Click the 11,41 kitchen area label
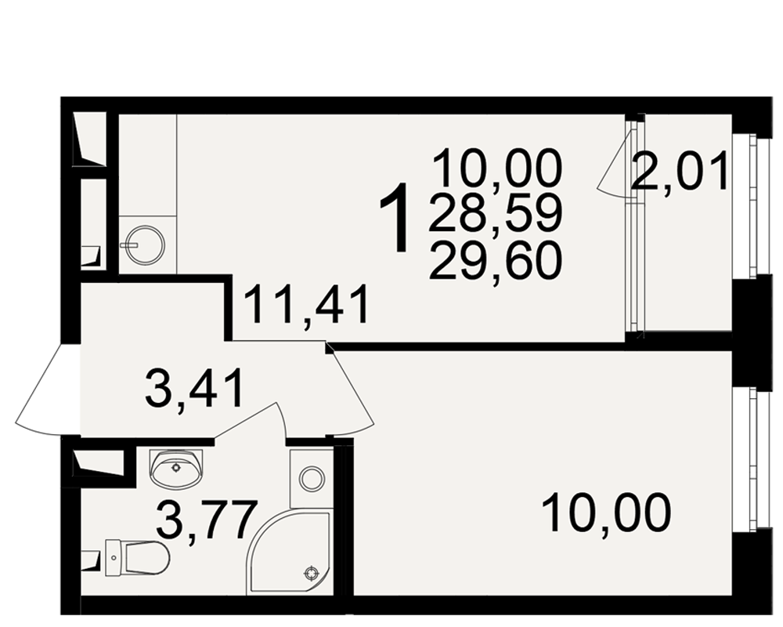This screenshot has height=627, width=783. tap(307, 305)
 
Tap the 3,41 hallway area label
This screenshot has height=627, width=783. tap(194, 388)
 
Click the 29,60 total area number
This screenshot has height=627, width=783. tap(495, 259)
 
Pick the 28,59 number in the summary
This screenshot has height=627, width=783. tap(495, 214)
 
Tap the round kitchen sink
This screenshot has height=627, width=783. tap(144, 245)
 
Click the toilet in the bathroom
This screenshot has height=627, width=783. tap(137, 556)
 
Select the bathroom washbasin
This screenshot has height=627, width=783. tap(176, 467)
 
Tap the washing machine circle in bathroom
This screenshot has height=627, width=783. tap(312, 479)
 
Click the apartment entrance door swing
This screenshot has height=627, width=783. tap(48, 390)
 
